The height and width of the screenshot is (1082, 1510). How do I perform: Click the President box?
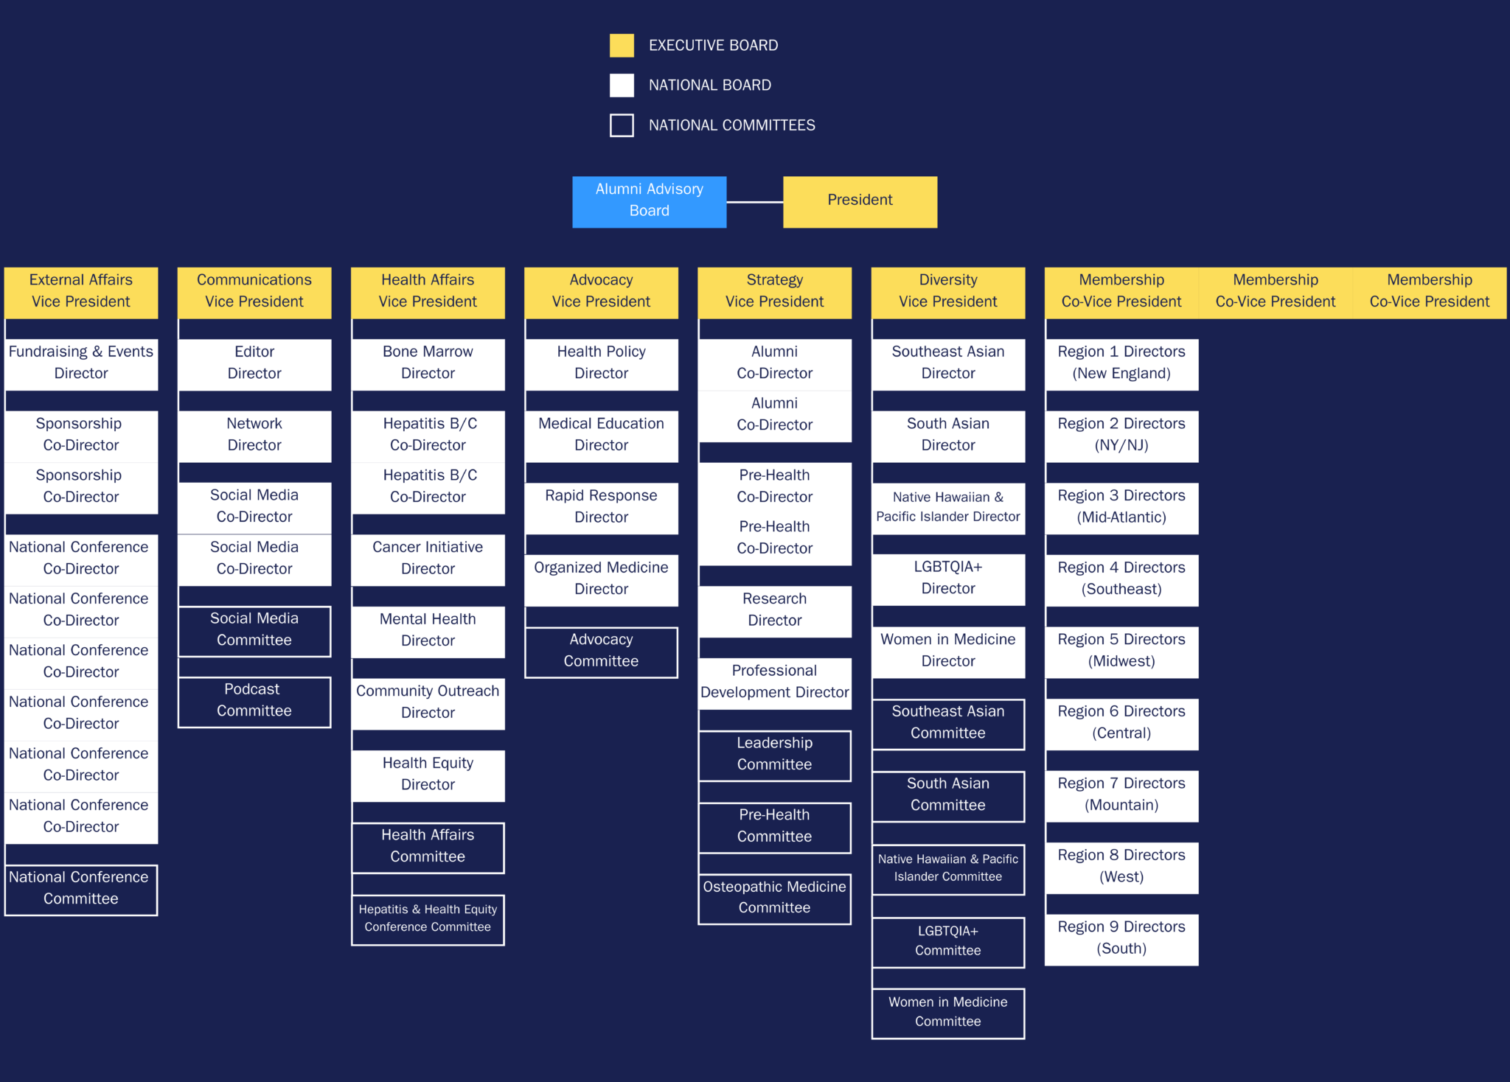[860, 202]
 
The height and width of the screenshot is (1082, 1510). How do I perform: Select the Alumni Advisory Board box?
[649, 202]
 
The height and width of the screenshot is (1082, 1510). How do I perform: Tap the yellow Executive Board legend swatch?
[622, 46]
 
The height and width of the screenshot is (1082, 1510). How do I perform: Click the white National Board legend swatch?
[622, 85]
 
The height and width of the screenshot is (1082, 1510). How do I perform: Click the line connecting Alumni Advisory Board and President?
[754, 202]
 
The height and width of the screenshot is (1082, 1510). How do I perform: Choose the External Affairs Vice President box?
[81, 293]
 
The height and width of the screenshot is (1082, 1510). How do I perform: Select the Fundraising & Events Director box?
[81, 365]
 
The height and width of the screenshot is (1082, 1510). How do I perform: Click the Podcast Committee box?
[254, 702]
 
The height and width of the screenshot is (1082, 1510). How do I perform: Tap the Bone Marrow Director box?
[428, 365]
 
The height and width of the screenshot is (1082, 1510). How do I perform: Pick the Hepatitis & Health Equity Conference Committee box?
[428, 920]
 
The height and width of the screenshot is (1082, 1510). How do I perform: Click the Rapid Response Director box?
[601, 509]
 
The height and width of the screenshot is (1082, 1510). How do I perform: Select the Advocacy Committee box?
[601, 652]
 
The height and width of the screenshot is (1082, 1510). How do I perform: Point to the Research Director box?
[774, 612]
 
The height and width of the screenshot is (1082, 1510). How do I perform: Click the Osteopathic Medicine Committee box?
[774, 899]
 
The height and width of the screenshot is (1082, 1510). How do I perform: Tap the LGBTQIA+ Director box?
[948, 580]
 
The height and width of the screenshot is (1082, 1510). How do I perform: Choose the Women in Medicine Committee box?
[948, 1013]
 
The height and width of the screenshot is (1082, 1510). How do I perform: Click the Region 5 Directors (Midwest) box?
[1121, 652]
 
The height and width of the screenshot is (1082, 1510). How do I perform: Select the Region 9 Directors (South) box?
[1121, 940]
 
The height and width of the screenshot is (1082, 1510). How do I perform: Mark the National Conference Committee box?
[81, 890]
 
